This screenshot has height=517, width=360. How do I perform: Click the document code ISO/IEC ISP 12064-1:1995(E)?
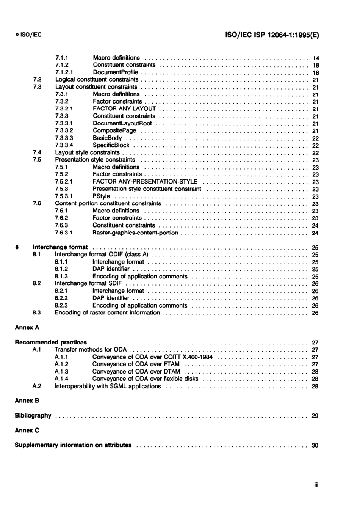point(272,35)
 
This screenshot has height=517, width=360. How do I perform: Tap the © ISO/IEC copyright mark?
point(28,35)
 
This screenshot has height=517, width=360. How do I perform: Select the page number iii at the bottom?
point(316,485)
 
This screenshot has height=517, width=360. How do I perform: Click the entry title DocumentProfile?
point(116,72)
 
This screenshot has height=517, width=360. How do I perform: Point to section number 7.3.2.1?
point(64,108)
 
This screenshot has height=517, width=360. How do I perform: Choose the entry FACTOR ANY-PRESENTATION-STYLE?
point(145,182)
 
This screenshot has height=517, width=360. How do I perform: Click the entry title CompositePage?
point(114,130)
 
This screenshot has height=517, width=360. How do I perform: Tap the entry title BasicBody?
point(107,138)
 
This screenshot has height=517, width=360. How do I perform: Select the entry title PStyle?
point(101,196)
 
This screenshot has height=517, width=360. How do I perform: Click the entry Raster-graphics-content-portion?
point(135,233)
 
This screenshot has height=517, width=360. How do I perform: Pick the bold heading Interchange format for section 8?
point(60,247)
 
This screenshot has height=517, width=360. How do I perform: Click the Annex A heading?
point(27,327)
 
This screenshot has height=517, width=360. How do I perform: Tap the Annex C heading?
point(27,430)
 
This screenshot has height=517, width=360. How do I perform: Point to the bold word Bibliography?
point(33,415)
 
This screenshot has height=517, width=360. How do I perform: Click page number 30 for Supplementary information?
point(315,445)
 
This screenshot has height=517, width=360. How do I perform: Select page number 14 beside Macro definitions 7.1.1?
point(316,58)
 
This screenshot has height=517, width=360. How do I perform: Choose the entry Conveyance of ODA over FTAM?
point(136,364)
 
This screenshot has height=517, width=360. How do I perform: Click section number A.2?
point(37,386)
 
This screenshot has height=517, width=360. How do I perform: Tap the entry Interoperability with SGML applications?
point(108,386)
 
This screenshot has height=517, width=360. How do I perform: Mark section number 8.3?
point(37,313)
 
